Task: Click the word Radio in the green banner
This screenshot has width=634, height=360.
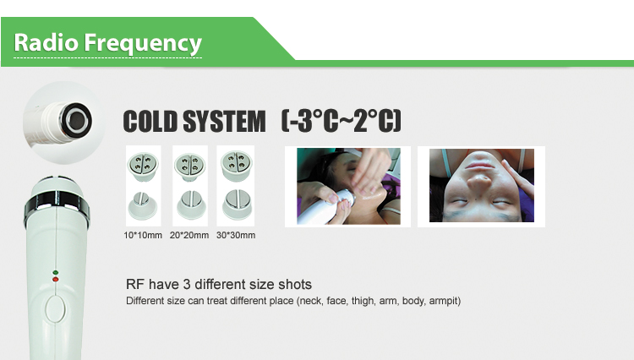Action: pos(46,42)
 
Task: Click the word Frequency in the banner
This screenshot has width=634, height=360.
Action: pos(143,44)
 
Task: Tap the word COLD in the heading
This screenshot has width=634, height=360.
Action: pos(150,121)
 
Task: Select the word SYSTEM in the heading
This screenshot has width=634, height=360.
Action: pos(224,121)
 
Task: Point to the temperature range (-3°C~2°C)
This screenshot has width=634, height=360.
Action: pos(342,120)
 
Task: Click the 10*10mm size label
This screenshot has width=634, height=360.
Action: pos(143,235)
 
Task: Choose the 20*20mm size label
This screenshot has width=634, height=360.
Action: pos(189,235)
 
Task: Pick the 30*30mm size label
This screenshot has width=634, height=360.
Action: pos(236,235)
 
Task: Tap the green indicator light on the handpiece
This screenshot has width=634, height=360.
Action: pos(56,273)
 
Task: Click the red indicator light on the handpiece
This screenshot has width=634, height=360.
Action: pos(56,279)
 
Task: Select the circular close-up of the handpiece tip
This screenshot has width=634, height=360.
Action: pos(64,123)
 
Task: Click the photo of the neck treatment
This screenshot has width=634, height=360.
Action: pos(348,186)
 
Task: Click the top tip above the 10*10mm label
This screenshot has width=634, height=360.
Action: pos(143,166)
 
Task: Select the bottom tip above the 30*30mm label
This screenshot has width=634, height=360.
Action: pos(237,204)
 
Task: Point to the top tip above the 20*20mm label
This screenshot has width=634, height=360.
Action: pos(190,166)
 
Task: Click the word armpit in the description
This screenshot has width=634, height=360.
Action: pos(445,301)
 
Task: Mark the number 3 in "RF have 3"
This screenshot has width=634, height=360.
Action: pos(187,285)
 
